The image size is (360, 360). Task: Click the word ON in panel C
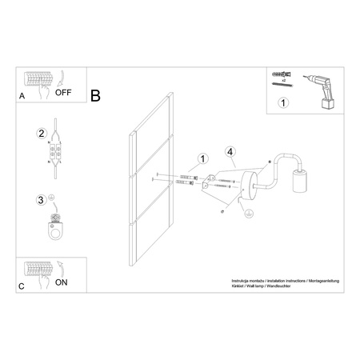[x=61, y=281]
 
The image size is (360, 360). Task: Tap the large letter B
[x=96, y=97]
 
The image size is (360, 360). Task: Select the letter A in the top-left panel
[x=22, y=96]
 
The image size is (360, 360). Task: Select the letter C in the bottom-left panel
[x=22, y=284]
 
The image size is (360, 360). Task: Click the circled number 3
[x=41, y=199]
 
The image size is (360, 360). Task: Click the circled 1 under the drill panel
[x=282, y=103]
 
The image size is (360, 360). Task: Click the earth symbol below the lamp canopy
[x=249, y=212]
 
